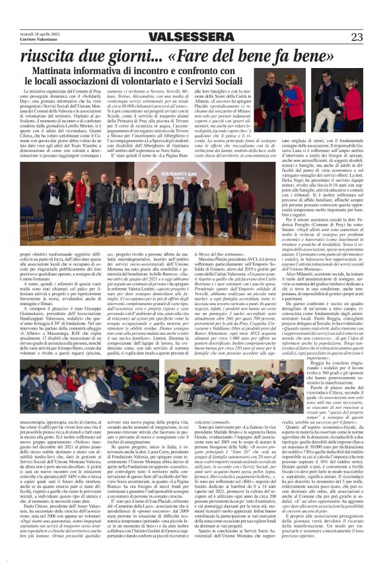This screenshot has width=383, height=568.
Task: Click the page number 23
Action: pos(357,37)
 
